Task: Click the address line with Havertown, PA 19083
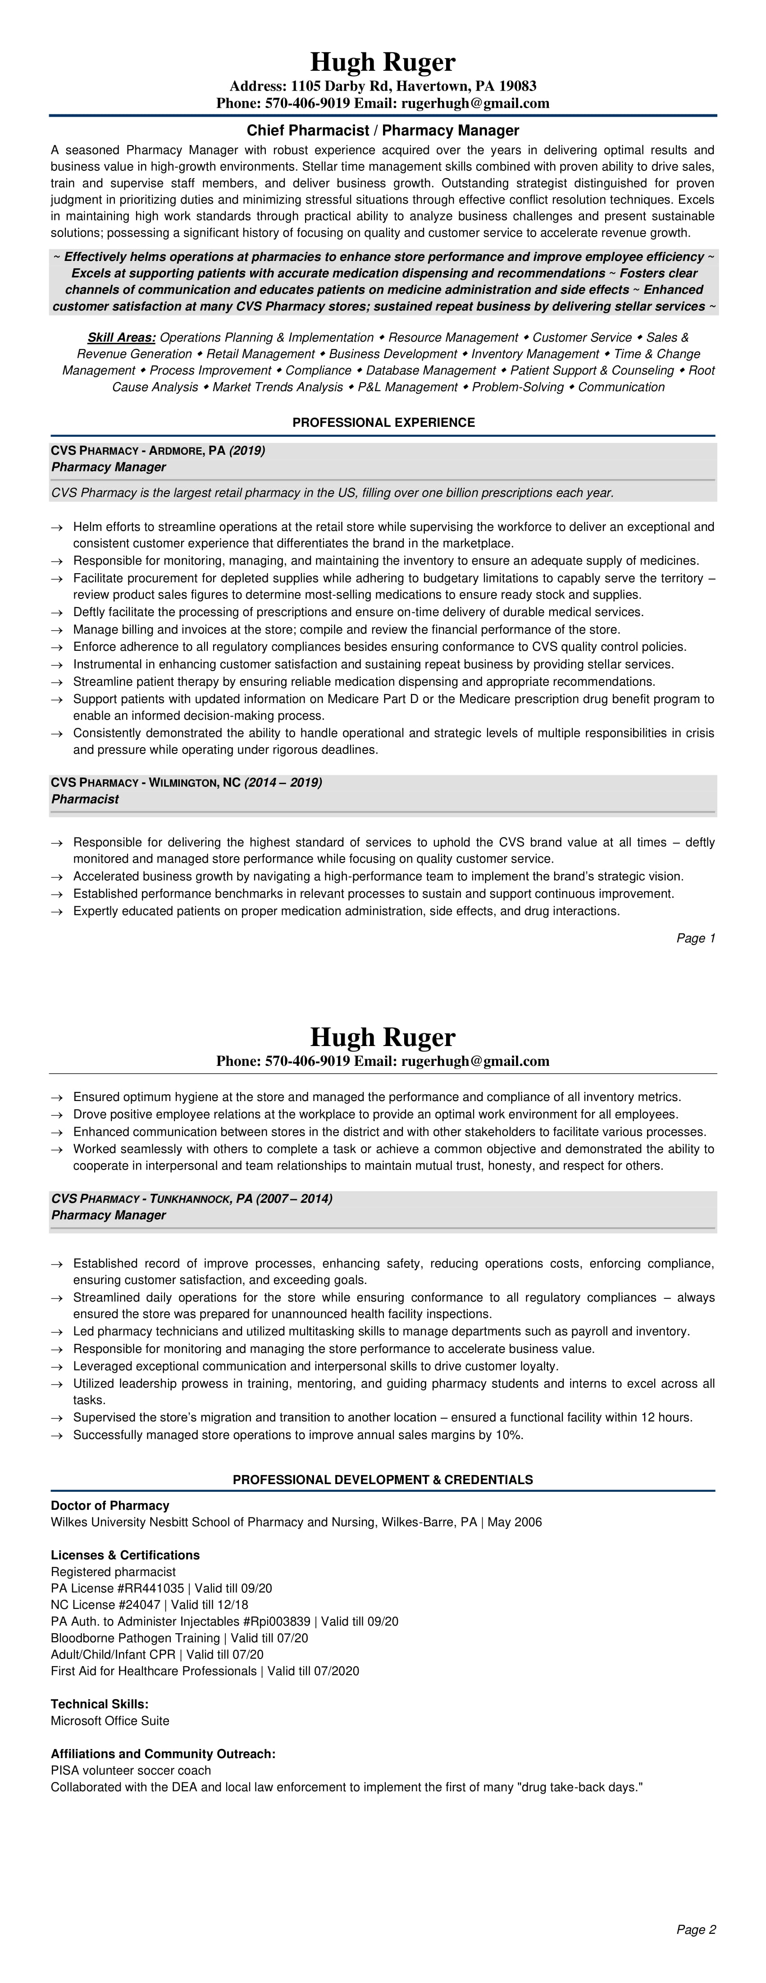(x=383, y=86)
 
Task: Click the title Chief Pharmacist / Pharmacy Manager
(x=383, y=131)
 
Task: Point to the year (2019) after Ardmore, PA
(x=247, y=450)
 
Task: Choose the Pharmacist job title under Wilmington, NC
(x=85, y=799)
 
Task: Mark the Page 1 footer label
(x=696, y=938)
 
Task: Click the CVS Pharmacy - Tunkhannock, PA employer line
(x=191, y=1198)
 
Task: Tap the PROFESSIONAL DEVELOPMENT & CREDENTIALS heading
(x=383, y=1480)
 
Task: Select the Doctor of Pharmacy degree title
(x=110, y=1506)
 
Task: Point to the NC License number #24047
(x=136, y=1605)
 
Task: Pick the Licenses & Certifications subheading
(x=125, y=1555)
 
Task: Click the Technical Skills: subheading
(x=99, y=1704)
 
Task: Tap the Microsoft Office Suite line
(x=110, y=1721)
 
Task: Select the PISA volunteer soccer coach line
(x=131, y=1771)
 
